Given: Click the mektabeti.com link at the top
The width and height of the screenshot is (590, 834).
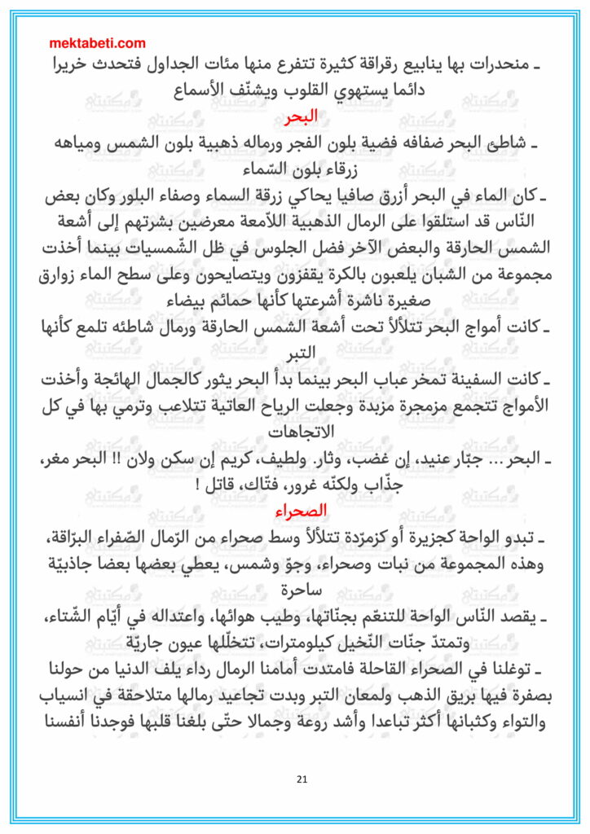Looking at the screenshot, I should (98, 43).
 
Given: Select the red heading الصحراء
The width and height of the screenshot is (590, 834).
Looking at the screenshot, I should (295, 511).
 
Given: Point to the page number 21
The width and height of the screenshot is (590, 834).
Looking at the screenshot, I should (302, 780).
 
